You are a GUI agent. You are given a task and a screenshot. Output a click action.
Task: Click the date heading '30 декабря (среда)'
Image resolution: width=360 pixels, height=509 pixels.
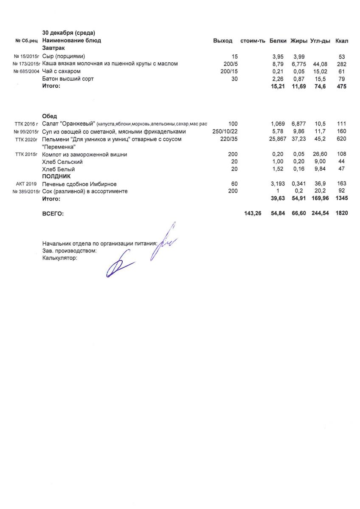click(x=69, y=33)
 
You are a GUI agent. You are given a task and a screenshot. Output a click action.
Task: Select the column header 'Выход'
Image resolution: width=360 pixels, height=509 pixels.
click(x=222, y=41)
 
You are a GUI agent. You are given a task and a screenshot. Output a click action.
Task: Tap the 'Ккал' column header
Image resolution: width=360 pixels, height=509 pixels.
click(x=341, y=41)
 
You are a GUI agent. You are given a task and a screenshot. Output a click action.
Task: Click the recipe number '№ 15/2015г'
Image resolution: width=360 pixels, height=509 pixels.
click(x=26, y=56)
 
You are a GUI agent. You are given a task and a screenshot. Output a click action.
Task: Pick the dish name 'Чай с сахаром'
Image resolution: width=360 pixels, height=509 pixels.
click(x=62, y=71)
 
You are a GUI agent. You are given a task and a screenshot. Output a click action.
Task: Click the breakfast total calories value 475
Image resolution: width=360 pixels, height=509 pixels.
click(x=341, y=87)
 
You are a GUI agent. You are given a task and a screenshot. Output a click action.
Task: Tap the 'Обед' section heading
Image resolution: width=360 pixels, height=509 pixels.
click(x=50, y=116)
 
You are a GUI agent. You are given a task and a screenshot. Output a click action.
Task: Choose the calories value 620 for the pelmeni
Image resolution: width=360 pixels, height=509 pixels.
click(x=341, y=139)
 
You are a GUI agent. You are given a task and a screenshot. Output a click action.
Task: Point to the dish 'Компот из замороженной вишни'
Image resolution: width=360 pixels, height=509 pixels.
click(x=84, y=154)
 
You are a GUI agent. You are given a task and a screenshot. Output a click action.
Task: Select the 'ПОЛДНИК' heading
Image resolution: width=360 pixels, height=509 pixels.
click(x=56, y=176)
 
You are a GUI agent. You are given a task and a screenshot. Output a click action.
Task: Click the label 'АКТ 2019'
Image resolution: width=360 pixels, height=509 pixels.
click(x=26, y=184)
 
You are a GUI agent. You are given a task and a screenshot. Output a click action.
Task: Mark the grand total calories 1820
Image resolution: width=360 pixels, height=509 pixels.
click(x=341, y=213)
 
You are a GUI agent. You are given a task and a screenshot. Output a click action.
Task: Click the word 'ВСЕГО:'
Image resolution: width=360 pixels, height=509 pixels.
click(x=53, y=214)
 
